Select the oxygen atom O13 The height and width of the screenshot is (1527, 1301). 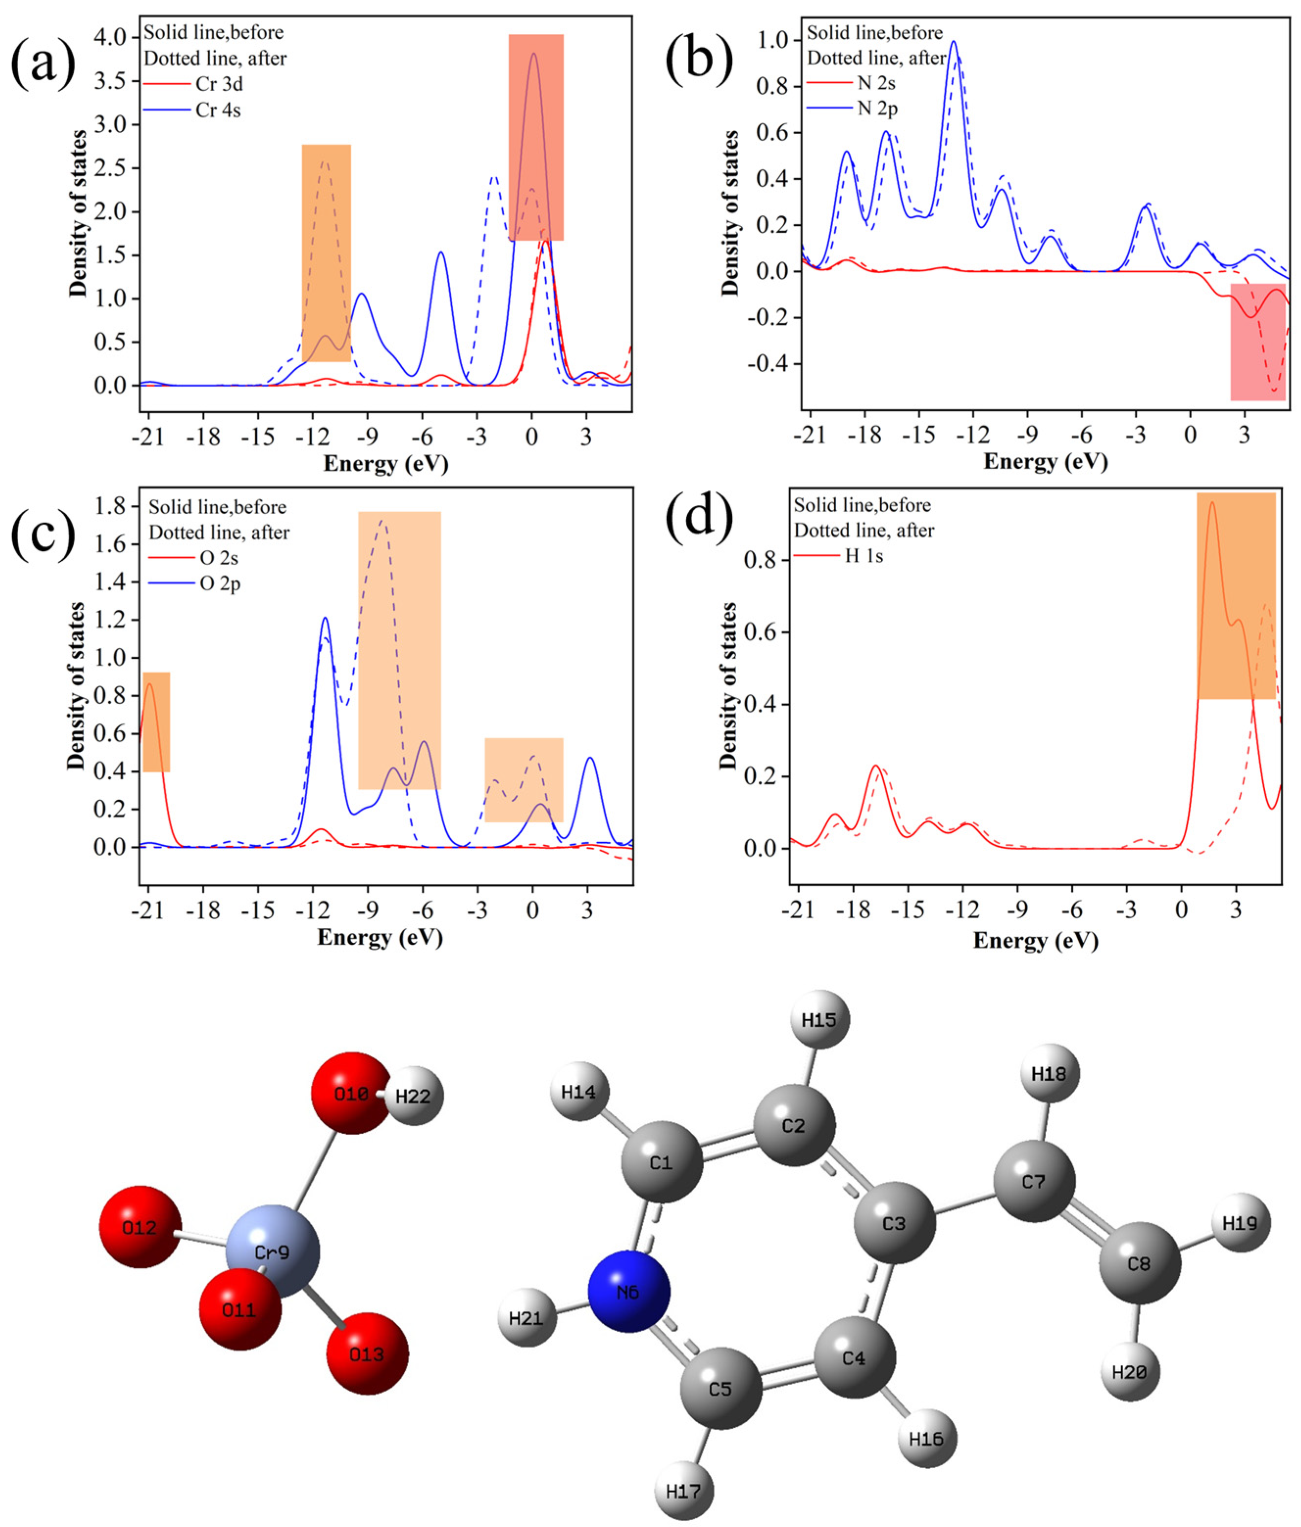click(367, 1354)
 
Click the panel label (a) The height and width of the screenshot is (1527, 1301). click(43, 65)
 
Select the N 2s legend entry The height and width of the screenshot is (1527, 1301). click(876, 83)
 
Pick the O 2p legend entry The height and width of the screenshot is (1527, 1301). click(219, 584)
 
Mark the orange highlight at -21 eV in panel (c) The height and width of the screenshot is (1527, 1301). click(156, 722)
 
